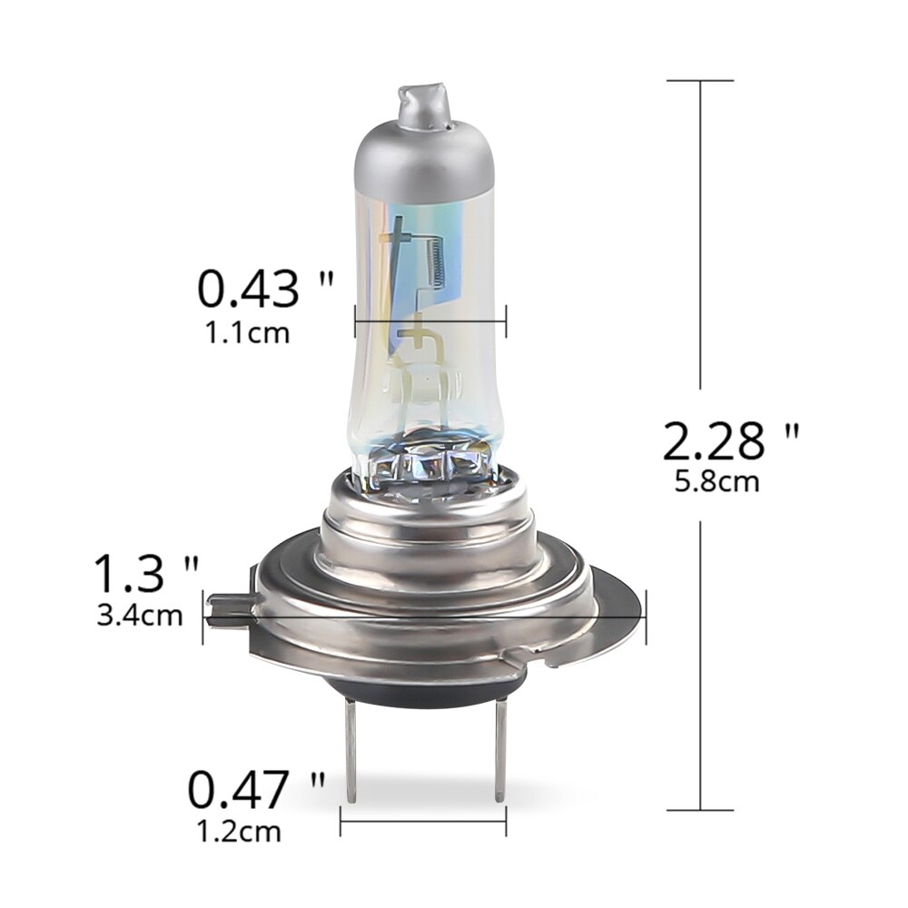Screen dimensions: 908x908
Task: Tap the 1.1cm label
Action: (x=248, y=333)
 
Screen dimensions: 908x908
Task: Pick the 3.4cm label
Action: (x=140, y=616)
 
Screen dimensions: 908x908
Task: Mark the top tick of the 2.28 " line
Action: (x=700, y=81)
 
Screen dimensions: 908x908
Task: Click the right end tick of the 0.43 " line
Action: (x=505, y=321)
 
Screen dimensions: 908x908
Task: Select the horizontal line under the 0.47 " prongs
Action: (x=423, y=823)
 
